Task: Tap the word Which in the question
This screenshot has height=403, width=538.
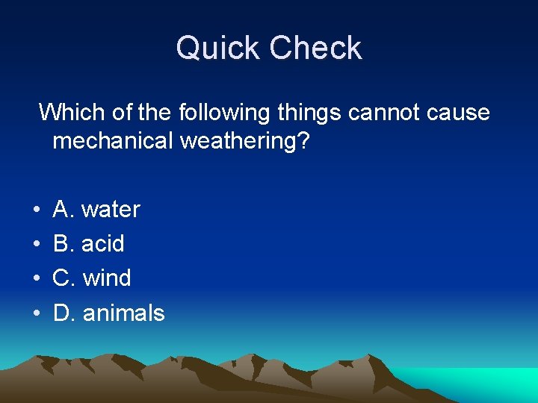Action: (71, 113)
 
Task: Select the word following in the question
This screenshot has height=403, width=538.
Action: (224, 114)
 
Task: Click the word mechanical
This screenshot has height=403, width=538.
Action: (113, 141)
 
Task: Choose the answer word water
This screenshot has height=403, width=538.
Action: (111, 210)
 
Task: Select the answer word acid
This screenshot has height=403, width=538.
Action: (103, 244)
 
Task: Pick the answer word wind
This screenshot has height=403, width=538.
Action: (107, 278)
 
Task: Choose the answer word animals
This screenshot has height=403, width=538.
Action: (123, 313)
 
